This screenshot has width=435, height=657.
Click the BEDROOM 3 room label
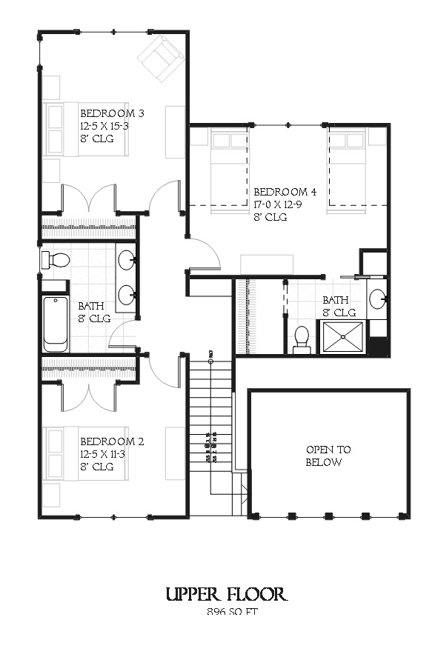click(x=112, y=113)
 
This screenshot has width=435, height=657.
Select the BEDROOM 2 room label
click(x=112, y=441)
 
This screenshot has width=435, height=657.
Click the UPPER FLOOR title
click(x=226, y=594)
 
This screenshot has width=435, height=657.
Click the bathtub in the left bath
click(x=56, y=324)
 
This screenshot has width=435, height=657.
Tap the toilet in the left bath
click(x=56, y=260)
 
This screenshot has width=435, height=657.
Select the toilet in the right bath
click(x=302, y=339)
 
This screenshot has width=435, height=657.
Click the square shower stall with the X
click(x=342, y=338)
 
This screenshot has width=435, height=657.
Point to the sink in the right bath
click(x=376, y=299)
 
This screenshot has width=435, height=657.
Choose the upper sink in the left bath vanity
click(x=127, y=260)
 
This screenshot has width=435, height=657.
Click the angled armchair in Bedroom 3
click(x=162, y=58)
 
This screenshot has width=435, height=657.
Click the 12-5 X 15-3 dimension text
click(x=104, y=127)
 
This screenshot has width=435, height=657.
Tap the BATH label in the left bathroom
click(x=92, y=305)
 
